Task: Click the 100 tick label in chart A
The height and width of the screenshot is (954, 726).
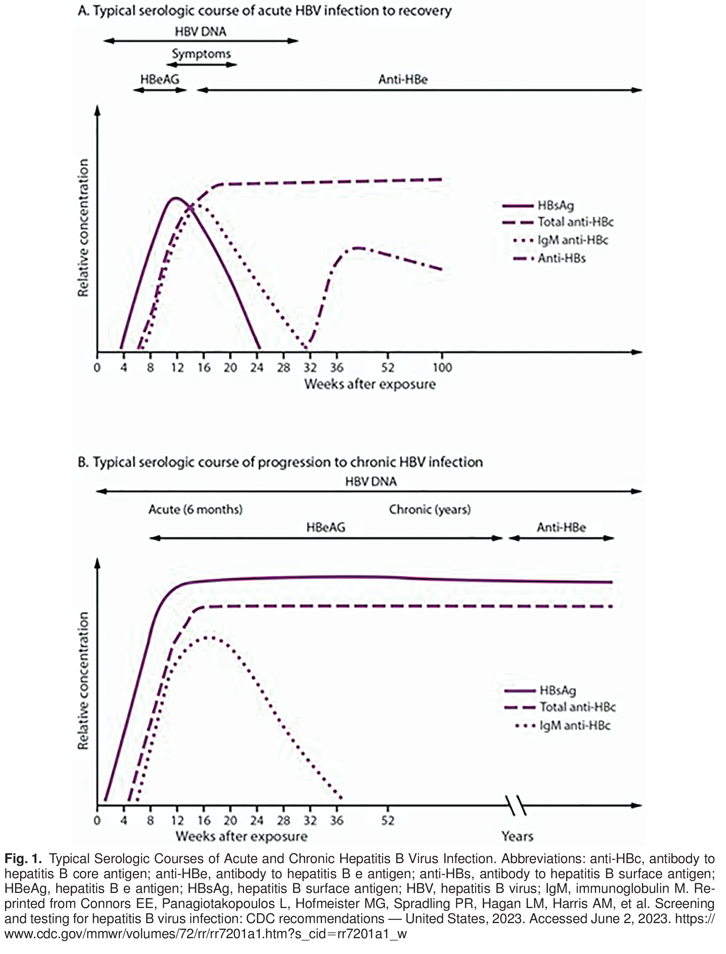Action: pyautogui.click(x=441, y=368)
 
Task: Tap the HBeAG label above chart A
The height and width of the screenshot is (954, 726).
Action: pyautogui.click(x=159, y=79)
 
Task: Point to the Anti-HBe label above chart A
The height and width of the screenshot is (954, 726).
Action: pyautogui.click(x=403, y=79)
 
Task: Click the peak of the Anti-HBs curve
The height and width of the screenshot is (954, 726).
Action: pyautogui.click(x=358, y=248)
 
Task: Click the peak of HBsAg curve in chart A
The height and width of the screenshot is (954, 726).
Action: pyautogui.click(x=175, y=198)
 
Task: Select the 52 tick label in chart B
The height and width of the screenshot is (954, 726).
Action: pyautogui.click(x=388, y=820)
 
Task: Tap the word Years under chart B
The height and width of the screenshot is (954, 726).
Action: pyautogui.click(x=517, y=837)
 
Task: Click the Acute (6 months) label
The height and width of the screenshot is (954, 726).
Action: pyautogui.click(x=195, y=509)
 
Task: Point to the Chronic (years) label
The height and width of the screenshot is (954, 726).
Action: pyautogui.click(x=430, y=509)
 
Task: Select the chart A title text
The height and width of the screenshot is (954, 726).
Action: pyautogui.click(x=264, y=11)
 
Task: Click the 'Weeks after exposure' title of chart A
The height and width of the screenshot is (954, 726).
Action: pyautogui.click(x=370, y=384)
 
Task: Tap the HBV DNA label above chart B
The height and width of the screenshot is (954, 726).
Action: pyautogui.click(x=371, y=481)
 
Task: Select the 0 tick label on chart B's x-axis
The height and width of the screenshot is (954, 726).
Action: pyautogui.click(x=97, y=820)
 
